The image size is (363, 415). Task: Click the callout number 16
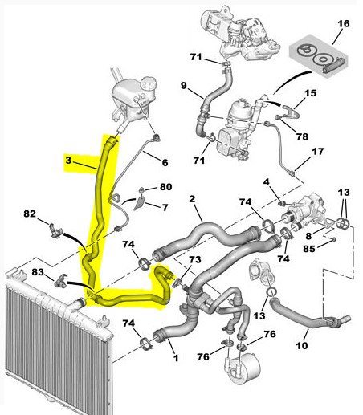[344, 23]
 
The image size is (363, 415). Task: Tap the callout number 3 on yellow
[68, 161]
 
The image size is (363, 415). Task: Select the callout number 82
[30, 214]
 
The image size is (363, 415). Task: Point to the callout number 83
[38, 272]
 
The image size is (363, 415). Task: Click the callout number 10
[302, 346]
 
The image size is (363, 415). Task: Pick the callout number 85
[309, 249]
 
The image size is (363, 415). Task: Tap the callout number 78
[302, 136]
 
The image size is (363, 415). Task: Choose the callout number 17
[318, 152]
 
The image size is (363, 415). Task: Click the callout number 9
[183, 86]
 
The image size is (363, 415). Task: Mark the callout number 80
[165, 186]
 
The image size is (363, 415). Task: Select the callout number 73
[194, 259]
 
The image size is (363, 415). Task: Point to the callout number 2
[192, 199]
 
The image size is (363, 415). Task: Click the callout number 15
[310, 93]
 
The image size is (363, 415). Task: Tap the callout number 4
[266, 182]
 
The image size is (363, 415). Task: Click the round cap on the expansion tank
[148, 82]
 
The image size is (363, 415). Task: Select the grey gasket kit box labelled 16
[319, 56]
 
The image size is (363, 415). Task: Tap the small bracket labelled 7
[140, 202]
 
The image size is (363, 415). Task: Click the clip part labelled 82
[55, 230]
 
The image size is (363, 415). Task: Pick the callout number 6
[165, 162]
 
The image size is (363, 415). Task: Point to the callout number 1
[176, 358]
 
